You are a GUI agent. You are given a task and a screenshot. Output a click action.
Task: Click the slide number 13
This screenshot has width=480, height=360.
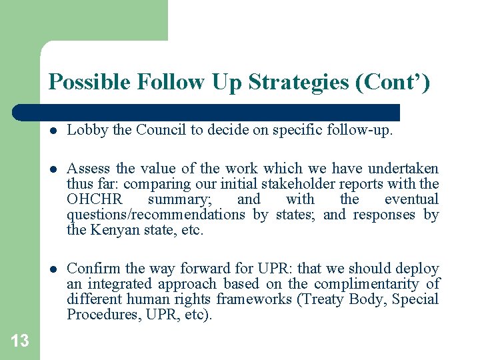tap(20, 341)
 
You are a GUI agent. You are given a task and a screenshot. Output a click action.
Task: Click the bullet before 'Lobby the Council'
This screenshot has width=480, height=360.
tap(53, 131)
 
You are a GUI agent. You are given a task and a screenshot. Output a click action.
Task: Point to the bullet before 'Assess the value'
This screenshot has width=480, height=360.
tap(53, 169)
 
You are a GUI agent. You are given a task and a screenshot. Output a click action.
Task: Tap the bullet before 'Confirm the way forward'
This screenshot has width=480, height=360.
tap(53, 269)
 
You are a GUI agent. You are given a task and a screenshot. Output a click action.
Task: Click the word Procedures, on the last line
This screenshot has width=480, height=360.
tap(97, 315)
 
